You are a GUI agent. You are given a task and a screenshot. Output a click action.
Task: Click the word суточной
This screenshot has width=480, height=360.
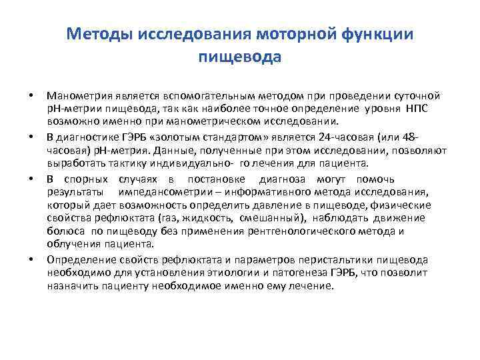pyautogui.click(x=418, y=97)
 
